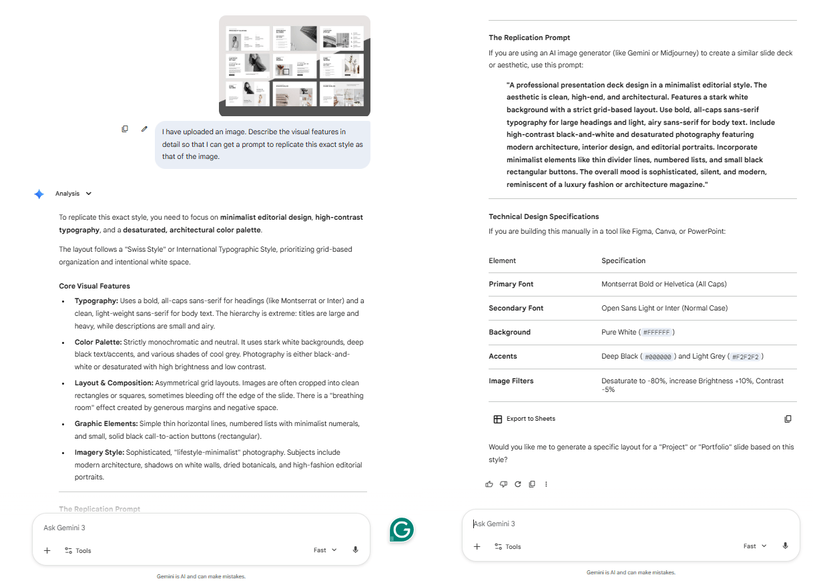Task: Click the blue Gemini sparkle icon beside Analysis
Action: click(x=39, y=194)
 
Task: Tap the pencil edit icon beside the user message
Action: click(x=144, y=129)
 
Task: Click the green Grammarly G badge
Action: click(x=402, y=530)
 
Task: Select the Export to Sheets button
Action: click(x=524, y=419)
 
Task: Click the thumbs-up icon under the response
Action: click(x=489, y=484)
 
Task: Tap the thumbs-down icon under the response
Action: click(x=503, y=484)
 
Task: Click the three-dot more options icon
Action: click(x=546, y=484)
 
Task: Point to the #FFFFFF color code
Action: click(x=657, y=332)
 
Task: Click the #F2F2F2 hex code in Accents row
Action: click(x=745, y=356)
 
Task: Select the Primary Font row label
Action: click(x=511, y=284)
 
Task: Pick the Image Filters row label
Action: click(x=511, y=381)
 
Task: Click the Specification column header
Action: click(x=623, y=260)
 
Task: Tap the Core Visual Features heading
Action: click(x=94, y=286)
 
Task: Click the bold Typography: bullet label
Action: click(x=96, y=301)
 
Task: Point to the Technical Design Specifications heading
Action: click(x=543, y=216)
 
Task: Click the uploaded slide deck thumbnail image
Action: click(x=294, y=65)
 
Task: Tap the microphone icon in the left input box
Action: click(x=355, y=550)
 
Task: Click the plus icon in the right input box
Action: click(x=477, y=546)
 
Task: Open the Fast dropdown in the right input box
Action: click(x=754, y=546)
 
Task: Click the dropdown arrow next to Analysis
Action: click(x=89, y=194)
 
